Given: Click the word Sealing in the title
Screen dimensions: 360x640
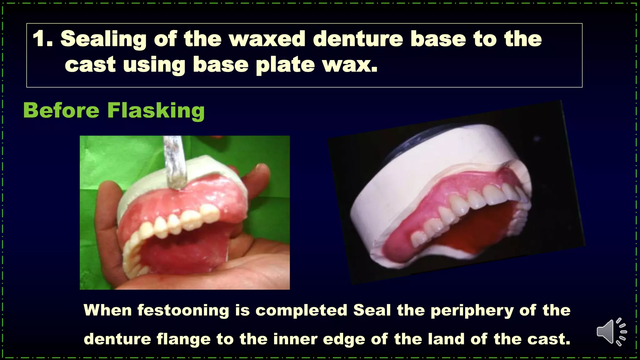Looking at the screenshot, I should [103, 39].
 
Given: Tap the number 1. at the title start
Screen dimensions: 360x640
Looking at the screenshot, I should [42, 39].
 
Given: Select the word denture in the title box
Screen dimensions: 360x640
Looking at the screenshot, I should [358, 39].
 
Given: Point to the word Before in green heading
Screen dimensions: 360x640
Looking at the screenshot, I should [61, 110].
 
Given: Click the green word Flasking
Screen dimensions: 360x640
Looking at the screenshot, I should [156, 111].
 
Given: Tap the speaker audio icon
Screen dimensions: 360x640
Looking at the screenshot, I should [611, 332].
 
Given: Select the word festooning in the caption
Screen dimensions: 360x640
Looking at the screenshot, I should [183, 310].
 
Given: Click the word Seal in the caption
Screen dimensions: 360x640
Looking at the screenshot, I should [372, 310].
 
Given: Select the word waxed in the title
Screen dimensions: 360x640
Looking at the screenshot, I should [267, 39].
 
